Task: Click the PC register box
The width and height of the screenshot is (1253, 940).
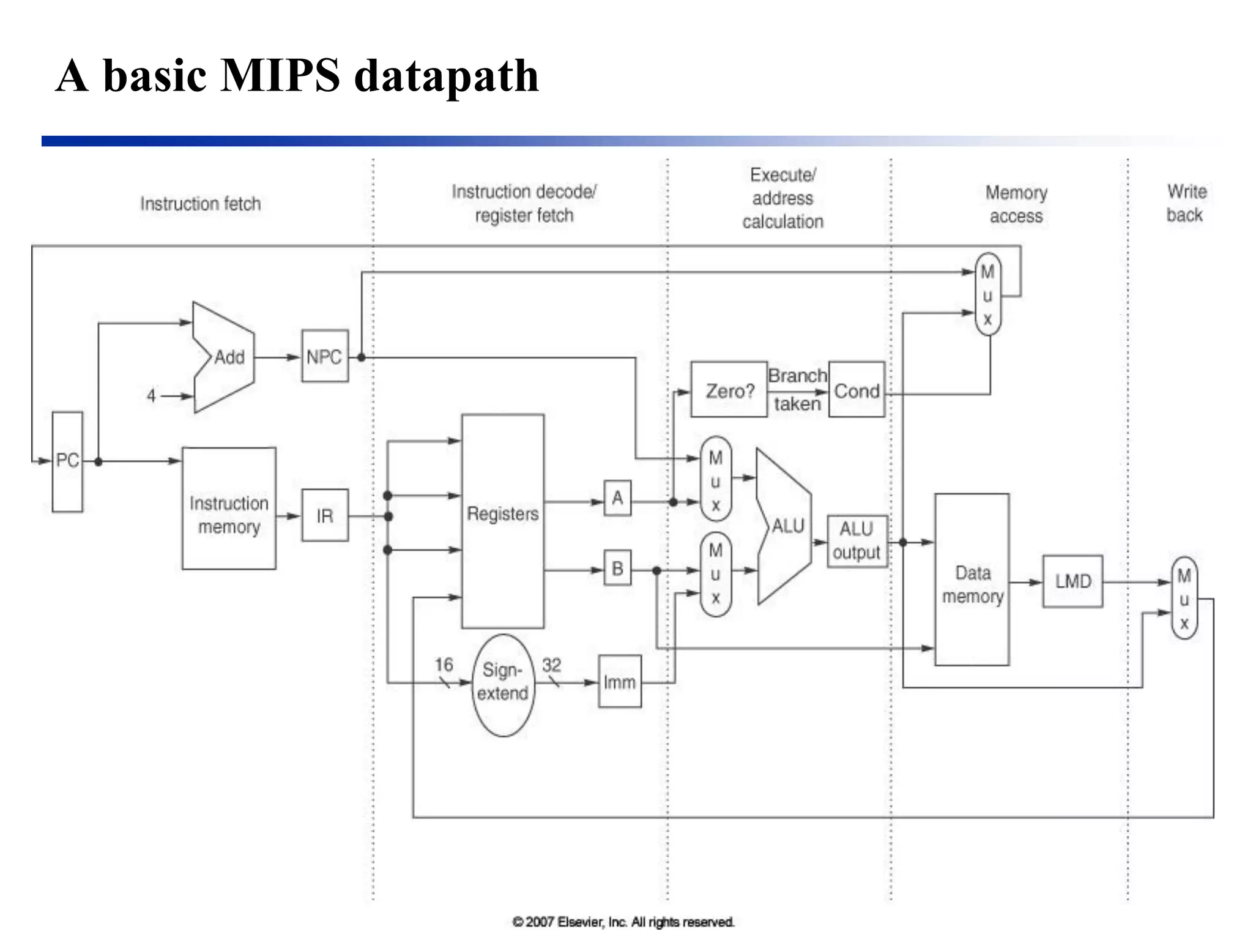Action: coord(67,461)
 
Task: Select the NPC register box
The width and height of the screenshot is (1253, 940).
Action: coord(325,356)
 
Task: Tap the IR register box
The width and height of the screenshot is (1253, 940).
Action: coord(325,515)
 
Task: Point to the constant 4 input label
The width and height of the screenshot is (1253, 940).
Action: coord(151,396)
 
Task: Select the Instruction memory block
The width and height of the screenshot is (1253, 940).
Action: coord(229,509)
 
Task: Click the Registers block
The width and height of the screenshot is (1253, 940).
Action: coord(502,521)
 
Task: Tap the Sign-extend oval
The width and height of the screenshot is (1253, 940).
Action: coord(503,685)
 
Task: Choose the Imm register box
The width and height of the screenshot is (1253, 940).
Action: coord(619,682)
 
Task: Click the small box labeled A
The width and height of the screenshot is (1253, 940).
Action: coord(617,498)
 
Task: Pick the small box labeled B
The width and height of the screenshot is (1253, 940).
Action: coord(617,569)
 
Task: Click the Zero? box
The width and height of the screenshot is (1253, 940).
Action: coord(729,390)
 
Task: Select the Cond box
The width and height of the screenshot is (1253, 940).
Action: coord(856,390)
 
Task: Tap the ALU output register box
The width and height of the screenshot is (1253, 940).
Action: coord(857,541)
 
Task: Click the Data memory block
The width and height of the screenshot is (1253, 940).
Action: coord(972,580)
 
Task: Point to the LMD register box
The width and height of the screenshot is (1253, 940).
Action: coord(1072,581)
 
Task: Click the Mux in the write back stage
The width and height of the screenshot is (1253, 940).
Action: coord(1184,599)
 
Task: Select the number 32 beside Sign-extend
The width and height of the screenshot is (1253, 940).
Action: coord(551,665)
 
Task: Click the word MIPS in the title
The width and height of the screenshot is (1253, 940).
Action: coord(279,75)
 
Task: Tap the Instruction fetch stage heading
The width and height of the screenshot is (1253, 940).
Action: coord(200,204)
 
